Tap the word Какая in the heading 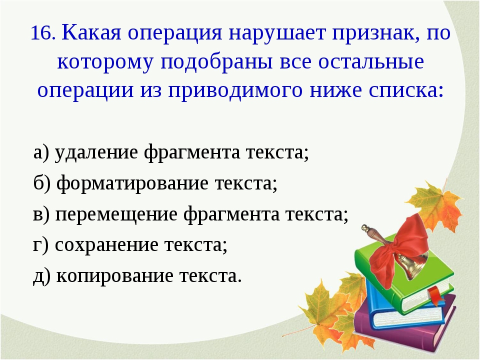91,32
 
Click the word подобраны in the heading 216,62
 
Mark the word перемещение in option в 116,214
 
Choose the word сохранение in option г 106,245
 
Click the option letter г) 40,245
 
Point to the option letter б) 41,183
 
